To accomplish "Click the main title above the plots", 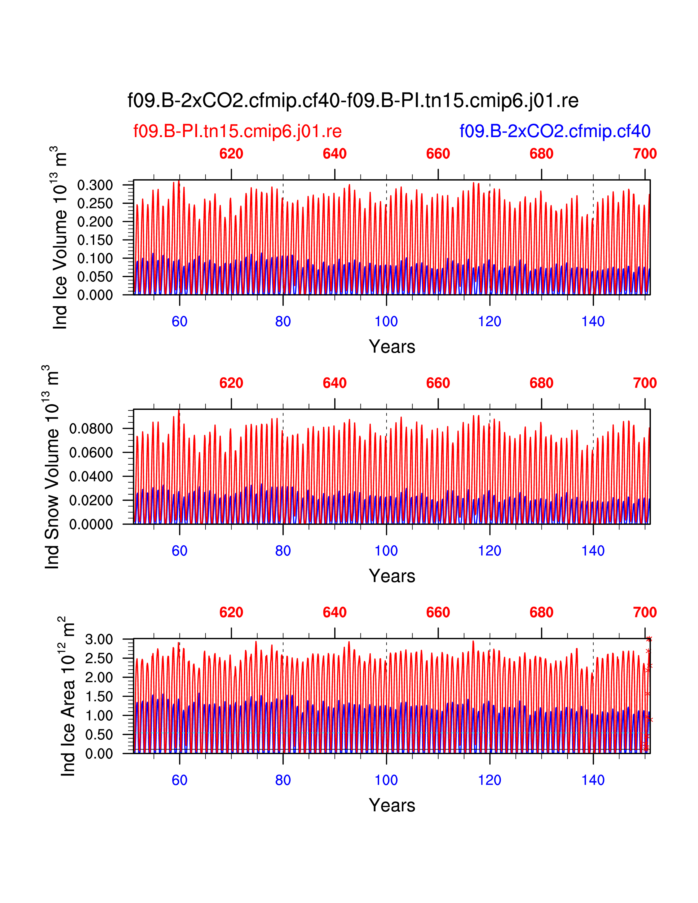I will coord(353,100).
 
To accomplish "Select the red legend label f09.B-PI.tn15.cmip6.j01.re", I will coord(237,131).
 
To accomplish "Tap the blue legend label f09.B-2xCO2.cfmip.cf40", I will coord(555,131).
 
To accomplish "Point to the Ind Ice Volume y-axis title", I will coord(60,238).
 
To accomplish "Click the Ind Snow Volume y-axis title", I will coord(52,467).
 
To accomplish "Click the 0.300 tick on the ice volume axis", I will coord(95,185).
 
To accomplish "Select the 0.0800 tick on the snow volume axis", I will coord(91,429).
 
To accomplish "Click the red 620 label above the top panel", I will coord(231,154).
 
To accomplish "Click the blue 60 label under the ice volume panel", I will coord(180,321).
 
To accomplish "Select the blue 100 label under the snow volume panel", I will coord(386,551).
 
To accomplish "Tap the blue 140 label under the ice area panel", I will coord(593,780).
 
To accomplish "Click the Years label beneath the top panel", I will coord(392,346).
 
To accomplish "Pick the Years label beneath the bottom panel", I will coord(392,805).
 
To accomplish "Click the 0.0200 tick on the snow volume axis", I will coord(91,500).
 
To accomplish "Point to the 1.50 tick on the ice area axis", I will coord(99,696).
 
